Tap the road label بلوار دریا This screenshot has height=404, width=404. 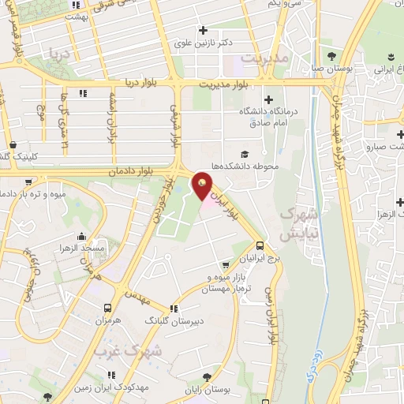point(144,83)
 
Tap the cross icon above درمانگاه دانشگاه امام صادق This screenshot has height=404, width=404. point(269,99)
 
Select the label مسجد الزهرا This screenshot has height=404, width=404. point(86,248)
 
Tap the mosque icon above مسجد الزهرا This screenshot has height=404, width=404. point(81,235)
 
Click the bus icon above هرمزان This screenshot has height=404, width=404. point(107,308)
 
